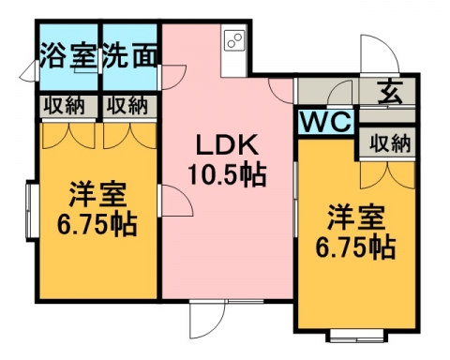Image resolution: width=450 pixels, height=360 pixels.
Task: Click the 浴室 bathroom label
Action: click(x=67, y=56)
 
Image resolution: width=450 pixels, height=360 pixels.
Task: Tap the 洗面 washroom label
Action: click(x=129, y=56)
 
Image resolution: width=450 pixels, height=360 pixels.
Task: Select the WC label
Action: click(x=326, y=122)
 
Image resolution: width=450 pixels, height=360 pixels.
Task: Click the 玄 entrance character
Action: click(x=390, y=93)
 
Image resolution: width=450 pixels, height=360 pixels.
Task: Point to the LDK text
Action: click(x=227, y=144)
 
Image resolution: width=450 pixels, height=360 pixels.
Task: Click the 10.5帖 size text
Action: click(x=227, y=174)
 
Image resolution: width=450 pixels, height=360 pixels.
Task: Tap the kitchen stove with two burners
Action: click(x=234, y=40)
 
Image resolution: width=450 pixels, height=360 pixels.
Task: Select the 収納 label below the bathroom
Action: click(x=64, y=105)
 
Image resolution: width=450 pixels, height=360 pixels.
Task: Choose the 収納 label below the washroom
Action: click(x=127, y=105)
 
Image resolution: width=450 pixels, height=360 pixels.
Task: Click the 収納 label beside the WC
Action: click(x=390, y=143)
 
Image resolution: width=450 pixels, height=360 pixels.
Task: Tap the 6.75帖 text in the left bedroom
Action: click(x=97, y=224)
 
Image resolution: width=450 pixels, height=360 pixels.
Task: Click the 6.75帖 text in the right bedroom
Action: click(x=356, y=247)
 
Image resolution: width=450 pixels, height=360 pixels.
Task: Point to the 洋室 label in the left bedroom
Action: click(x=97, y=194)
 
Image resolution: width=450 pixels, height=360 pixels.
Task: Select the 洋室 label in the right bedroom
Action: click(x=356, y=217)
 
